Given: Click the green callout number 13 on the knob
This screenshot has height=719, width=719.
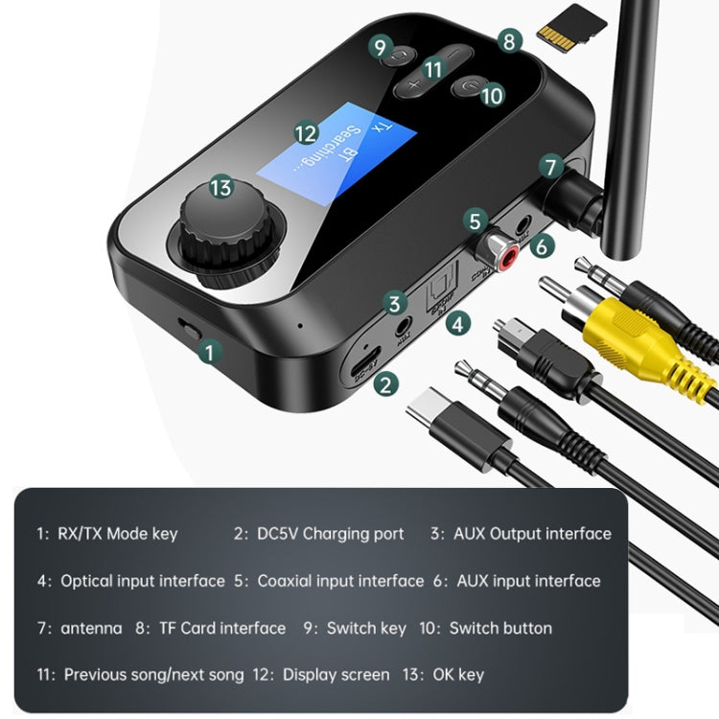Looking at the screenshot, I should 222,188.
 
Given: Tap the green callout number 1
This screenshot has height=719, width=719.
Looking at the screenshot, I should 208,352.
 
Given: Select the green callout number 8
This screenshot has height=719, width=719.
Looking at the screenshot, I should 510,41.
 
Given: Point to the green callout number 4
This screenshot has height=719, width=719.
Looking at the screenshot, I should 458,324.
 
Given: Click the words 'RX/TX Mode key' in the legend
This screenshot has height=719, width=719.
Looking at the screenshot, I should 120,533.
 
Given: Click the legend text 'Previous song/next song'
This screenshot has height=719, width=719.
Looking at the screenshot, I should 153,675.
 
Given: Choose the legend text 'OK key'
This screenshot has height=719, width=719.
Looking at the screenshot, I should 457,675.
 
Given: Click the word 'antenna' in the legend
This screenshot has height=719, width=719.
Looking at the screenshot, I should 91,628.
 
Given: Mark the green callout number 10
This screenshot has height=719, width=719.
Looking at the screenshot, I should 492,95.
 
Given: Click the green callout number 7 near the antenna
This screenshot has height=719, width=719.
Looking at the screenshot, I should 548,167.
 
